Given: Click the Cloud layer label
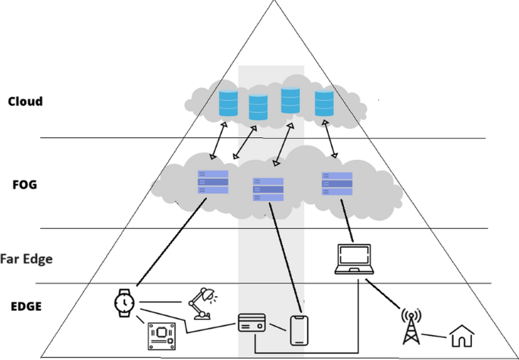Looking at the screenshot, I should click(x=24, y=102).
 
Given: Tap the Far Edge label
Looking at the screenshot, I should click(x=27, y=258).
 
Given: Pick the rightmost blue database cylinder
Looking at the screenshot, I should click(x=324, y=103).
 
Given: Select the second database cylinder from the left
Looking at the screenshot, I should click(x=259, y=108).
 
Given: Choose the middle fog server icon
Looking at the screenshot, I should click(x=268, y=189).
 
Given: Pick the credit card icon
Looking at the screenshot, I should click(x=252, y=323).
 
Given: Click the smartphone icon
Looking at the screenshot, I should click(x=300, y=330).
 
